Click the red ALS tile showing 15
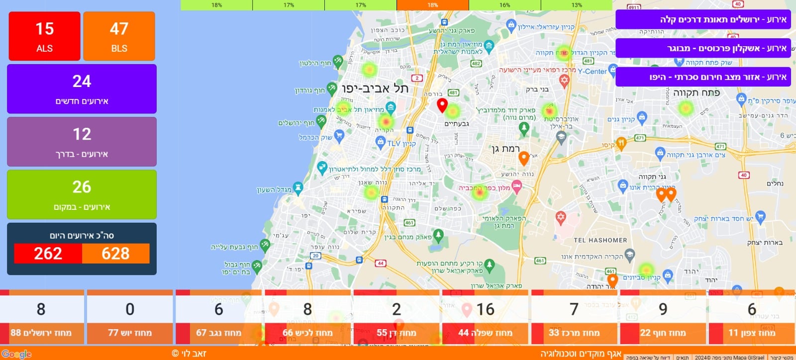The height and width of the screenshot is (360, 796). click(44, 36)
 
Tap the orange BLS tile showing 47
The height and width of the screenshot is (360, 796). click(119, 36)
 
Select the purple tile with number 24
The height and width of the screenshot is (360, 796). click(82, 89)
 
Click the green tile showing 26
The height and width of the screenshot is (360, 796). click(82, 194)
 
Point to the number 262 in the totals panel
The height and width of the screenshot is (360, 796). click(48, 254)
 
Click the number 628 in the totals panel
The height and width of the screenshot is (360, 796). click(115, 254)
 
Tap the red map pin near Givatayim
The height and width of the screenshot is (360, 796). click(442, 105)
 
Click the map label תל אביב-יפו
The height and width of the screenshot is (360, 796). click(375, 89)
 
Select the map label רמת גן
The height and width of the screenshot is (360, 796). click(505, 149)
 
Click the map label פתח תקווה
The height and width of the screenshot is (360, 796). click(696, 93)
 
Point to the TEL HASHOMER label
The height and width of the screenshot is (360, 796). click(600, 240)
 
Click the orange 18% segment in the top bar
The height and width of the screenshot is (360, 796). click(432, 5)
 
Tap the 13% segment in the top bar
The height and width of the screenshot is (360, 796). click(576, 5)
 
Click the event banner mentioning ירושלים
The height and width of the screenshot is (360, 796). click(702, 20)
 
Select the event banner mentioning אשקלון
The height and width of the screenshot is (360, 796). click(702, 48)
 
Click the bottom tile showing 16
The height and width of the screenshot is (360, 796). click(485, 318)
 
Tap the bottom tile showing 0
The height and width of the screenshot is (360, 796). click(130, 318)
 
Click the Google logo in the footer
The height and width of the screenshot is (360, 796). click(16, 354)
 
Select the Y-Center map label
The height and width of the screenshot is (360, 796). click(592, 72)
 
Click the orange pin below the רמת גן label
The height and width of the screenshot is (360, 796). click(523, 159)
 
